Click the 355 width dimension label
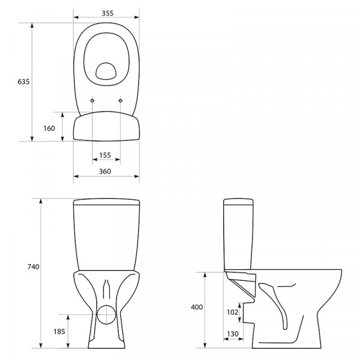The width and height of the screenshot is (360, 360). pos(107,13)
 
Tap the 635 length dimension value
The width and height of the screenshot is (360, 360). pos(23,82)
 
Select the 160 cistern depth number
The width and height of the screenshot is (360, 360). pos(49,128)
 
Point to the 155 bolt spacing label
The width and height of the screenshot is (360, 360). pos(105,155)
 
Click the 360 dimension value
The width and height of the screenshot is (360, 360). pos(105,171)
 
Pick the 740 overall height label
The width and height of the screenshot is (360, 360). pos(34,267)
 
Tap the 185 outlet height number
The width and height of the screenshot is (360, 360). pos(59,332)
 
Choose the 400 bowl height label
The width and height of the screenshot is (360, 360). pos(197,307)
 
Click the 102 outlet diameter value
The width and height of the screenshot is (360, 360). pos(232,312)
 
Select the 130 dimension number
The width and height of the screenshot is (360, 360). pos(233,334)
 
